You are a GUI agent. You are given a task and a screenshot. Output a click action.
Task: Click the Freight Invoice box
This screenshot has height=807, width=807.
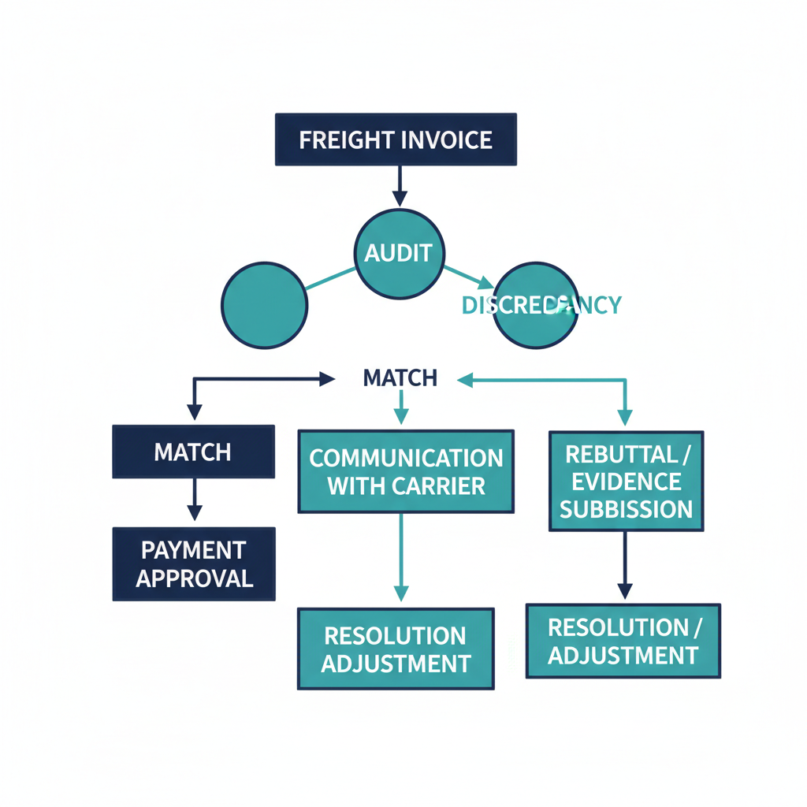pyautogui.click(x=396, y=140)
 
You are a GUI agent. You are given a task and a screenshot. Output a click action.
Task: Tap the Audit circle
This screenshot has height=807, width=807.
pyautogui.click(x=399, y=254)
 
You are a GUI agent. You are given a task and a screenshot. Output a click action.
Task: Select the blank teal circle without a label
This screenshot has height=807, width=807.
pyautogui.click(x=265, y=306)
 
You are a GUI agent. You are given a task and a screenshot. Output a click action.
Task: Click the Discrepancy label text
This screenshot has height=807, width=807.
pyautogui.click(x=541, y=305)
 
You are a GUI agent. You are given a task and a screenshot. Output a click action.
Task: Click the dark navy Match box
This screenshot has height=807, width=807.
pyautogui.click(x=193, y=452)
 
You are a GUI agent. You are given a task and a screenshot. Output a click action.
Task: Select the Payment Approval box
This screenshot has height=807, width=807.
pyautogui.click(x=194, y=564)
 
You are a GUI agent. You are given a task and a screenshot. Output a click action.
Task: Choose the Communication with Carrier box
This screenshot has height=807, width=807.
pyautogui.click(x=406, y=471)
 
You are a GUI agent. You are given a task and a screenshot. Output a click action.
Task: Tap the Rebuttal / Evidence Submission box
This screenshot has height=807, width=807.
pyautogui.click(x=626, y=481)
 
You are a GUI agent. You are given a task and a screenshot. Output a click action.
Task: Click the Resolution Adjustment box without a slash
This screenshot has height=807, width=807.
pyautogui.click(x=396, y=649)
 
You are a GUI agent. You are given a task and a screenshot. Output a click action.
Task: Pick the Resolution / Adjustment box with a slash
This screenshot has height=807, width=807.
pyautogui.click(x=623, y=641)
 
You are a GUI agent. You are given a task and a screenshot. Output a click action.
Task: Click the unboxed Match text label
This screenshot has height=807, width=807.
pyautogui.click(x=400, y=378)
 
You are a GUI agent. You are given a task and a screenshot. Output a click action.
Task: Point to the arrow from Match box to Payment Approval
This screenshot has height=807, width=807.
pyautogui.click(x=194, y=503)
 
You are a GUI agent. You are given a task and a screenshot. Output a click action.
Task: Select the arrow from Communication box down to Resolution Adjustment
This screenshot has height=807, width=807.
pyautogui.click(x=401, y=560)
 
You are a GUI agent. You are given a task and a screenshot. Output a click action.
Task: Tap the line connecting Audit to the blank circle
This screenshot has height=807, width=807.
pyautogui.click(x=331, y=278)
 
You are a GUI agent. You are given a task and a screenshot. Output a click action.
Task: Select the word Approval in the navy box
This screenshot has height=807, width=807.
pyautogui.click(x=194, y=578)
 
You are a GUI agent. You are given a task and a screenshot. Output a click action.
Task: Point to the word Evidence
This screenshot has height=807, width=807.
pyautogui.click(x=626, y=482)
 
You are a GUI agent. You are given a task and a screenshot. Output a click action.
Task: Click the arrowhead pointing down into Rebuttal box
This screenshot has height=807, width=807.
pyautogui.click(x=625, y=418)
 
